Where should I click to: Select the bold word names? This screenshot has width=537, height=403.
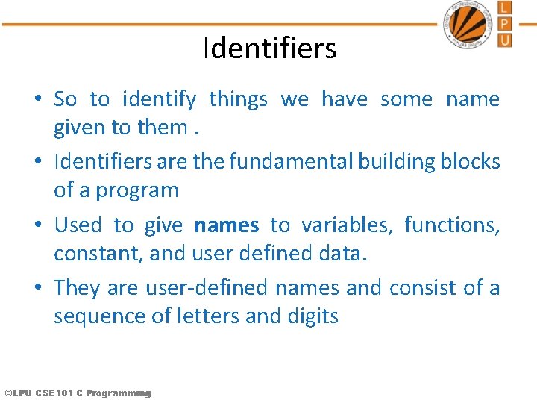pos(226,225)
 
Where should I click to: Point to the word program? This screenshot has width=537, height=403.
pos(137,190)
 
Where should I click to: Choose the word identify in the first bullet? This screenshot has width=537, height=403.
pos(159,99)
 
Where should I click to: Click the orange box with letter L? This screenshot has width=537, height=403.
pos(505,7)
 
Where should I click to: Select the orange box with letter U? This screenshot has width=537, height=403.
pos(505,39)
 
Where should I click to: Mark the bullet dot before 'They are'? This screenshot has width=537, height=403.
pos(37,288)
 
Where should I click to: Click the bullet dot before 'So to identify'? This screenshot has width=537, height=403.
pos(37,99)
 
